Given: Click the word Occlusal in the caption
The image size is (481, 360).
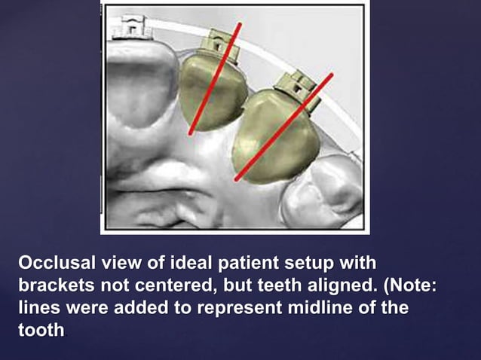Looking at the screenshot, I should [55, 264].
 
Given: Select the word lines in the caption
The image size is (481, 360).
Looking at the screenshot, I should [37, 308].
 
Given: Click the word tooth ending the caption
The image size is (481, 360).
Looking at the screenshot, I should [41, 331].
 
